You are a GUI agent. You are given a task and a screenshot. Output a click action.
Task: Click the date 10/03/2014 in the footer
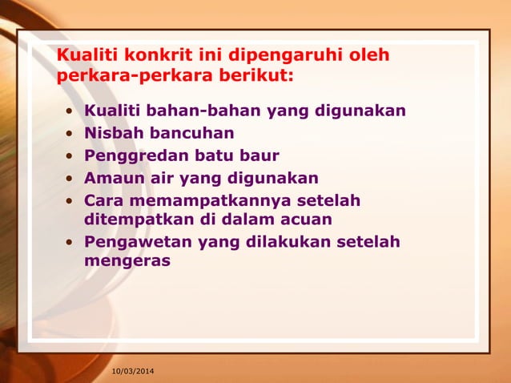coord(134,372)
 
